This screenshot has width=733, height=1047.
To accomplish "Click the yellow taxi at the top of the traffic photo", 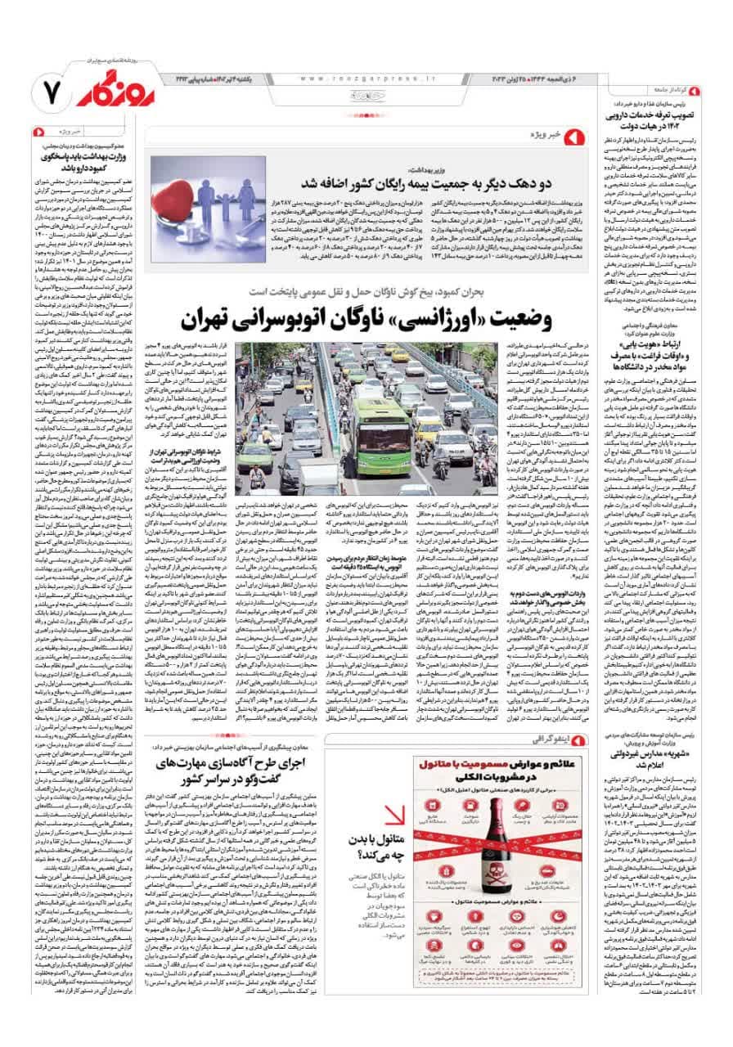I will click(400, 355).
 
